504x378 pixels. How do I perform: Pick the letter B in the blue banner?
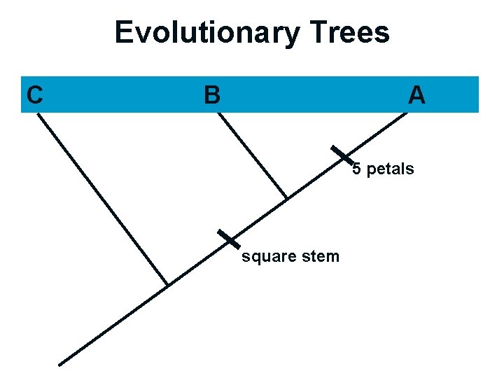[211, 94]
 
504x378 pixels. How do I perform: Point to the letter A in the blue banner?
[416, 94]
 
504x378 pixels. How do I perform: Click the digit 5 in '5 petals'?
[356, 169]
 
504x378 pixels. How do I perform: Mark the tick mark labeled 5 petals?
[342, 157]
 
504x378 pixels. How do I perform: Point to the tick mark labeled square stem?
[228, 239]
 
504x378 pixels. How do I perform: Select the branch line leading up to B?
[252, 155]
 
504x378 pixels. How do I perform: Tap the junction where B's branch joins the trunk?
[287, 198]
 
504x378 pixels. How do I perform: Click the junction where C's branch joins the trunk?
[167, 285]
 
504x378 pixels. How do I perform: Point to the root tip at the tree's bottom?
[60, 364]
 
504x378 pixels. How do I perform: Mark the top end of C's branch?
[38, 113]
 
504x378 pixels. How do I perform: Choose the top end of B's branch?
[218, 113]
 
